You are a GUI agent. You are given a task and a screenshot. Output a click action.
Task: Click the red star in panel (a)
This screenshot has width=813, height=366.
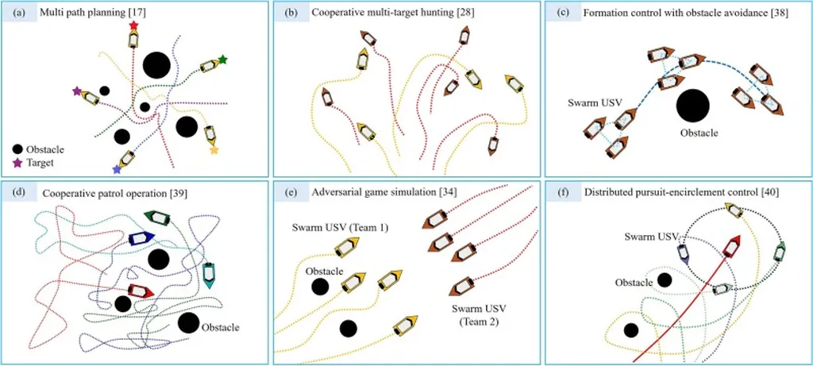click(x=133, y=26)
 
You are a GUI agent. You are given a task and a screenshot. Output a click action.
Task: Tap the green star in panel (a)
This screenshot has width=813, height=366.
click(x=223, y=60)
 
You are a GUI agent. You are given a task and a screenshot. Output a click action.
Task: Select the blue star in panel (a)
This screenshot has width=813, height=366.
click(x=118, y=170)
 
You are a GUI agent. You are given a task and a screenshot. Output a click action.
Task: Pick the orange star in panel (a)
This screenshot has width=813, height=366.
click(x=214, y=150)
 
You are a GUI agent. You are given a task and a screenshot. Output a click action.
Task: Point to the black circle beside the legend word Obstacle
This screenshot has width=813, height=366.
click(x=17, y=148)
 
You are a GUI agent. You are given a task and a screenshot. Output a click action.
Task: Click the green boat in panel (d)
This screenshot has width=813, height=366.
click(x=160, y=218)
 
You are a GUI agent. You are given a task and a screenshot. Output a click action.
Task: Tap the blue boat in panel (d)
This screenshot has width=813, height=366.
click(x=140, y=237)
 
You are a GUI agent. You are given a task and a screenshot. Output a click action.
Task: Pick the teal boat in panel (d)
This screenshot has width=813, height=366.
click(x=208, y=274)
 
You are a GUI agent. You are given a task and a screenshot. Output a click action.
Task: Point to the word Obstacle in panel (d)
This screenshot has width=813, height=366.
click(x=220, y=326)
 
